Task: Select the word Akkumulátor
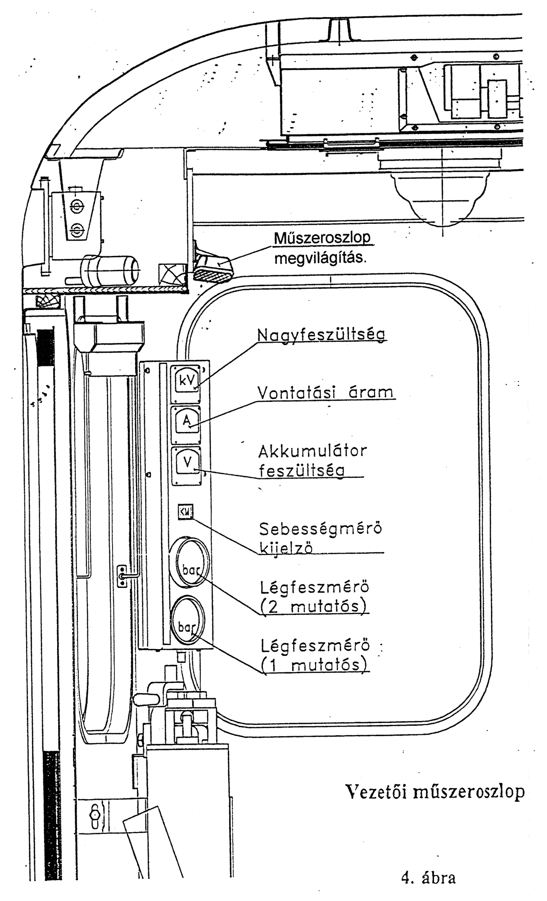313,451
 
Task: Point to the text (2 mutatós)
314,606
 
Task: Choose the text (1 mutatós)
314,665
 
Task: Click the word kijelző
287,548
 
